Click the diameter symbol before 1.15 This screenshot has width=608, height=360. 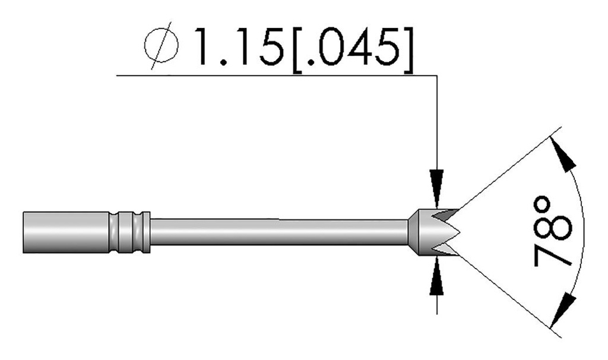pyautogui.click(x=160, y=46)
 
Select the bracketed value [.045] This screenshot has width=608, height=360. pyautogui.click(x=351, y=47)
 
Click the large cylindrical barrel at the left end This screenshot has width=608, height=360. pyautogui.click(x=65, y=231)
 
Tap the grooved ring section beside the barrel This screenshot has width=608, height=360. pyautogui.click(x=129, y=231)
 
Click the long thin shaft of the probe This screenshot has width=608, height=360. pyautogui.click(x=279, y=232)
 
